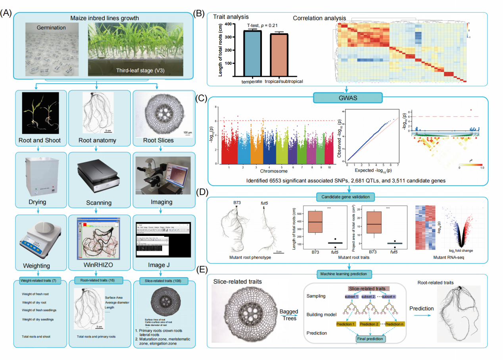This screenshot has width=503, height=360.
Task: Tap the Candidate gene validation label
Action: click(x=345, y=197)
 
